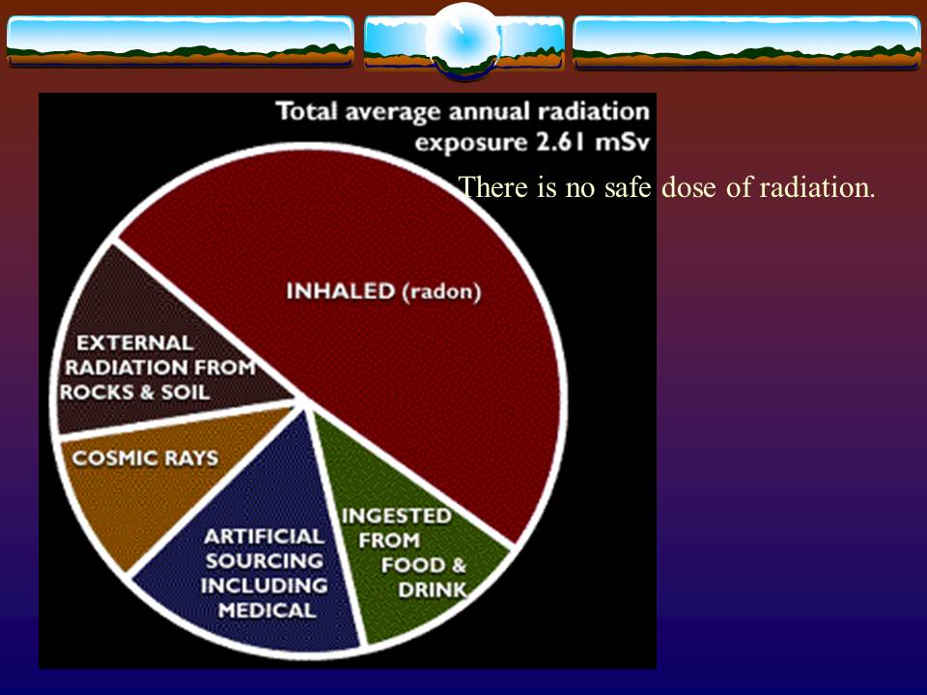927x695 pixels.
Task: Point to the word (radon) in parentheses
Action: [440, 292]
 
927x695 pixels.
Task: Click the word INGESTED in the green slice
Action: [396, 515]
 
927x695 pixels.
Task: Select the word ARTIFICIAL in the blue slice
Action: [264, 536]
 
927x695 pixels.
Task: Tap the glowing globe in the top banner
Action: [463, 42]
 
